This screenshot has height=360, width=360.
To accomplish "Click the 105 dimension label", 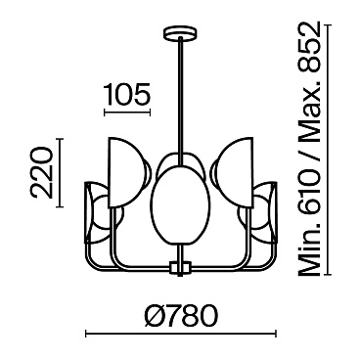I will (125, 95).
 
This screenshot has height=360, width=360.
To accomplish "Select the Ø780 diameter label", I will (179, 317).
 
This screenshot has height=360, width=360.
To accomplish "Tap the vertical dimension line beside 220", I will (61, 172).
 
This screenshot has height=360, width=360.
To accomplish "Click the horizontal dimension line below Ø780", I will (179, 336).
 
